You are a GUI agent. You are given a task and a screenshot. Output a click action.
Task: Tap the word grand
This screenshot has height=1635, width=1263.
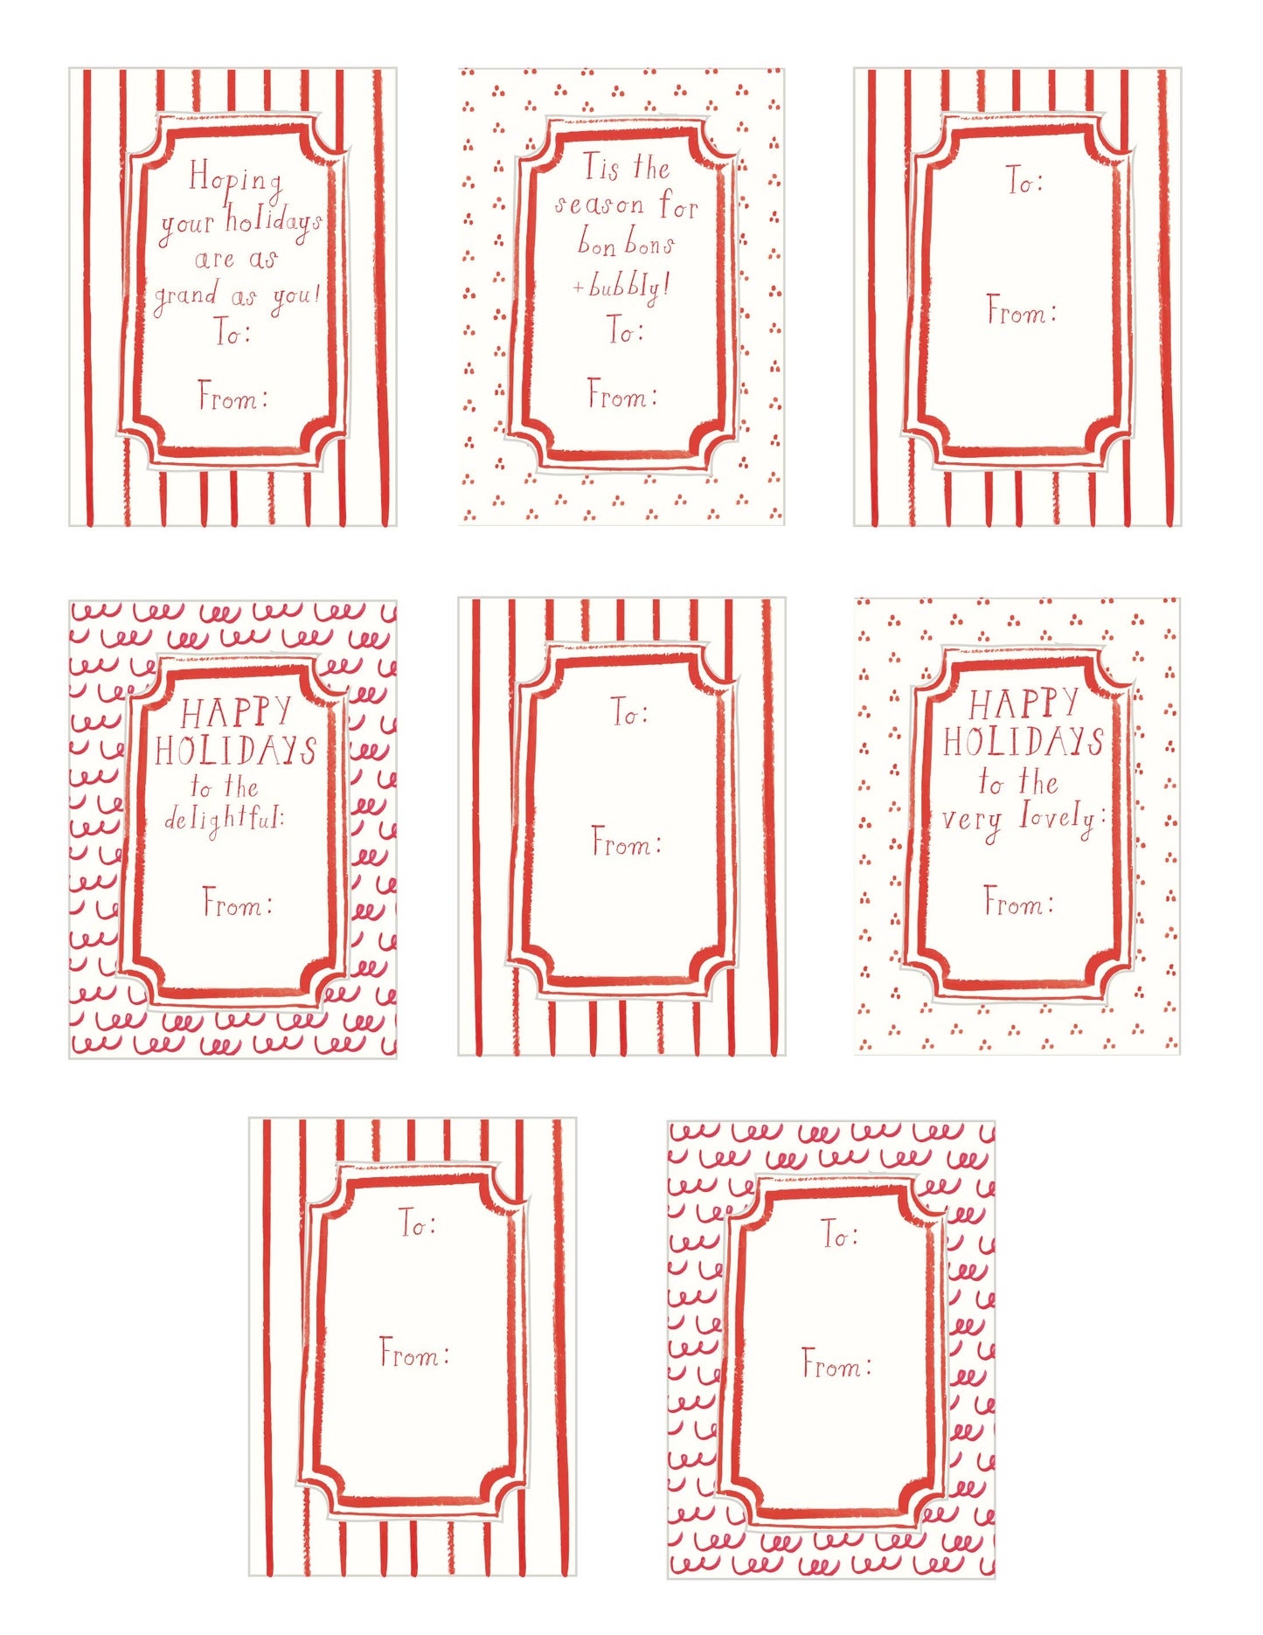tap(186, 298)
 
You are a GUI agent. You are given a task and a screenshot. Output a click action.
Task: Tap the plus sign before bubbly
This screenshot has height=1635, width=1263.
tap(578, 287)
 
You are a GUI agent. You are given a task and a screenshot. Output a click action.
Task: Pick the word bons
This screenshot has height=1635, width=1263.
tap(649, 243)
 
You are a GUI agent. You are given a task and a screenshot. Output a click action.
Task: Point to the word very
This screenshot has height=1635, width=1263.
tap(972, 823)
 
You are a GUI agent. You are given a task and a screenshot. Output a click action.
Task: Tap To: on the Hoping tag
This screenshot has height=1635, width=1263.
tap(232, 332)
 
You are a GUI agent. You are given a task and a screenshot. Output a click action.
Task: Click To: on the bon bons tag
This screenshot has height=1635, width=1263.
tap(626, 329)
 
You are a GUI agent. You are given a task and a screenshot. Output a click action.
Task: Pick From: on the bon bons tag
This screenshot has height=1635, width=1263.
tap(622, 394)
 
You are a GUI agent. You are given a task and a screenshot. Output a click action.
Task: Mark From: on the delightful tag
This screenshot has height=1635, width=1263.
tap(237, 902)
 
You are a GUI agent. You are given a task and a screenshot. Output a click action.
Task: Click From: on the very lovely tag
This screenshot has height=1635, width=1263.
tap(1018, 901)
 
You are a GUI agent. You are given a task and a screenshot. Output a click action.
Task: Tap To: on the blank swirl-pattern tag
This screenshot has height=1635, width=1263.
tap(840, 1234)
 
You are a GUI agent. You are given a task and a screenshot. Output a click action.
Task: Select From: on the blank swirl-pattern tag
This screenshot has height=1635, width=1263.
tap(836, 1363)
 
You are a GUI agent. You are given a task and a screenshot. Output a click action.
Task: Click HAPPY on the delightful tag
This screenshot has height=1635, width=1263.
tap(236, 712)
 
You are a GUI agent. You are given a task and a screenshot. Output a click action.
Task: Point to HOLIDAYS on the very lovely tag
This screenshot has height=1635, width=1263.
tap(1024, 742)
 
